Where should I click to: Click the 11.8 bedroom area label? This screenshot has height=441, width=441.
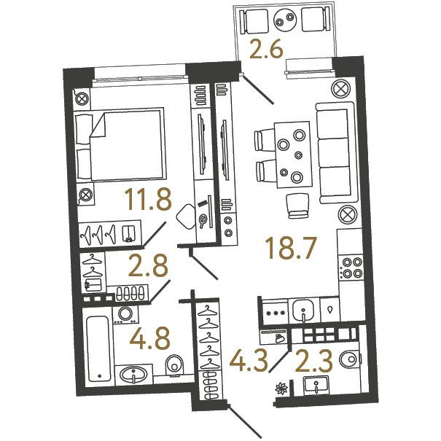coord(149,199)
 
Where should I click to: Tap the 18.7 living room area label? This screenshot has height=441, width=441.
coord(289,248)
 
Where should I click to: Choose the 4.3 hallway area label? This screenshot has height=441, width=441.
coord(249,360)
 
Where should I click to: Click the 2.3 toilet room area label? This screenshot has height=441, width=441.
coord(314,360)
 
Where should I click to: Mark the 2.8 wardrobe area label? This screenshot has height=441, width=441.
coord(148,265)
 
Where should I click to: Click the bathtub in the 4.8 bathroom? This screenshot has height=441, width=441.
coord(98,348)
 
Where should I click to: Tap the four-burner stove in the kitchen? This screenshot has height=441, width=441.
coord(350,268)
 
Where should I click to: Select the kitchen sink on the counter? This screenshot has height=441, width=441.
coord(303,311)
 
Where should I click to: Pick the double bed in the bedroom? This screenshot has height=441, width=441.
coord(120,144)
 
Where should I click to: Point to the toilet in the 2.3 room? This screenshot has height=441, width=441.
coord(350,359)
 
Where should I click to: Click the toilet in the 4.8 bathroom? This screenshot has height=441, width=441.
coord(175,365)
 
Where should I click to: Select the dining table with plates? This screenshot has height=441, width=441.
coord(293,155)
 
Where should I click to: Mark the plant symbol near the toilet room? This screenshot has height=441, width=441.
coord(281,389)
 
